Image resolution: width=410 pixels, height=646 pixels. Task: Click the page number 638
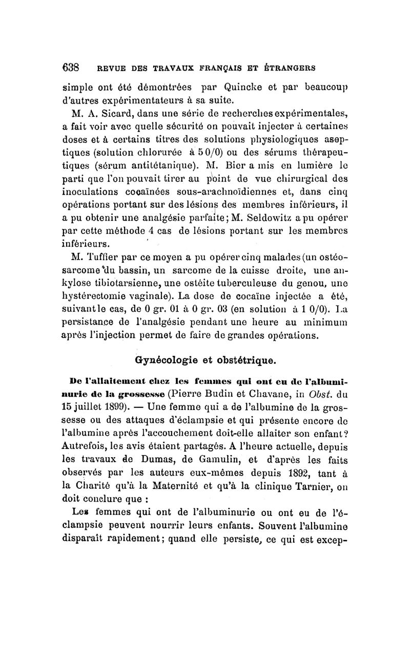70,67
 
